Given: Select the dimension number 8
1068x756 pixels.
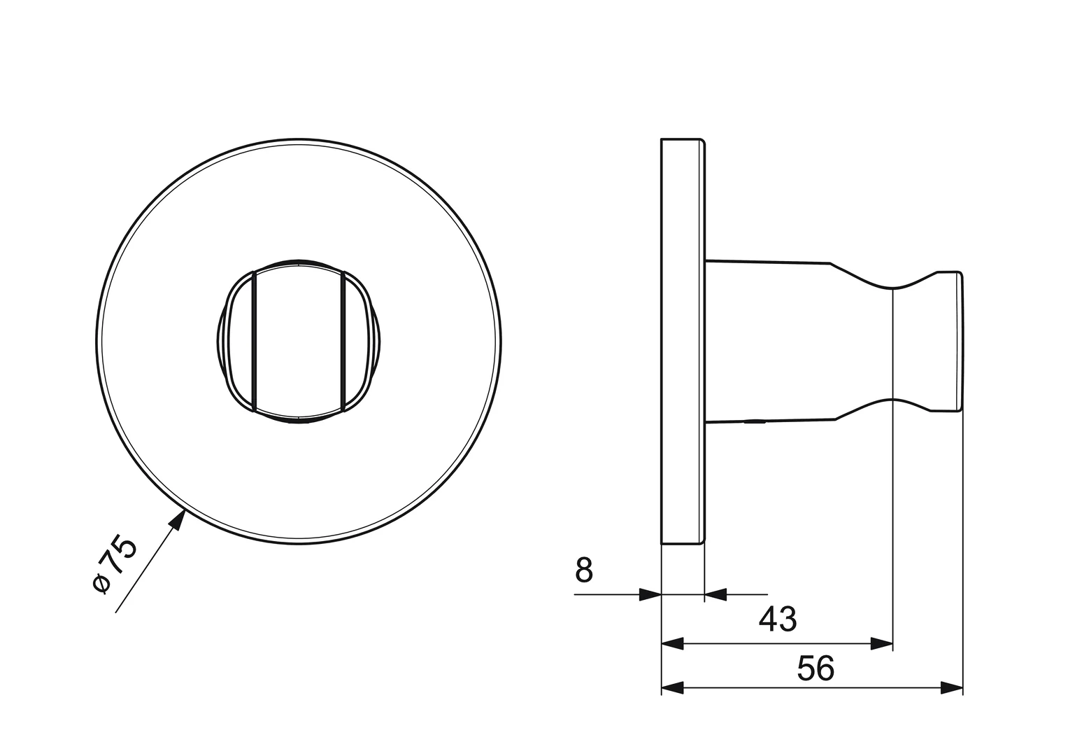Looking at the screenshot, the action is (584, 570).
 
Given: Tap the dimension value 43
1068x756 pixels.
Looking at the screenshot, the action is (778, 619).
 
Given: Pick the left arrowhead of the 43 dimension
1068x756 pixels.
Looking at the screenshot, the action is (672, 643).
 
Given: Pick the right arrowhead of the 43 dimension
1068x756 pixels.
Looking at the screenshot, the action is (881, 643).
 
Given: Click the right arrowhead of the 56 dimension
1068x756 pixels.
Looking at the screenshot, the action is (952, 688).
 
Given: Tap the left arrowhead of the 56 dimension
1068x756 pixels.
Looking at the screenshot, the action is (672, 688).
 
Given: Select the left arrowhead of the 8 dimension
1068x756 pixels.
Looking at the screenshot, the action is (650, 595).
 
